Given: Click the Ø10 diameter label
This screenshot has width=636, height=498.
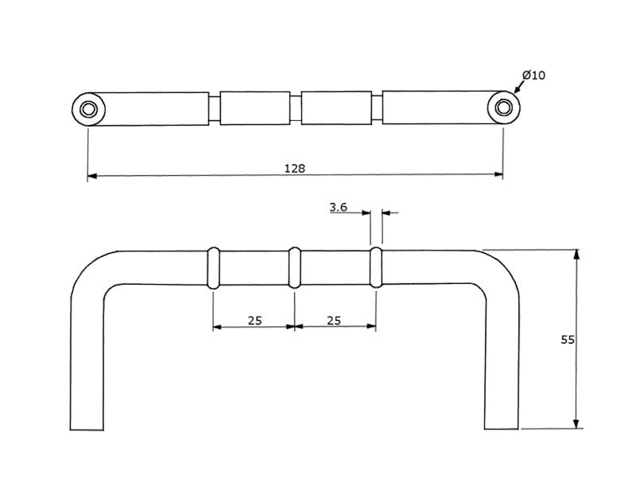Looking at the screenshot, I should coord(533,76).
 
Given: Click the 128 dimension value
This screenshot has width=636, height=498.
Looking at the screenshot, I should coord(294,168).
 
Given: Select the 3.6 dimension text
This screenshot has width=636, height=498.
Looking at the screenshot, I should coord(339,207).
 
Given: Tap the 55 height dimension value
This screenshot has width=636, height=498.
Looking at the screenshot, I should coord(567,340).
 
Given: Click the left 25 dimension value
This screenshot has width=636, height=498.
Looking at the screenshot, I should coord(254,321).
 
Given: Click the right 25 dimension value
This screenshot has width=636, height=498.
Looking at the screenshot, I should coord(334,321).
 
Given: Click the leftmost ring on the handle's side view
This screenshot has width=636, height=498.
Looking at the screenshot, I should coord(213,267).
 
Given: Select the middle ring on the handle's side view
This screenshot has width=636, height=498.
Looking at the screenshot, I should coord(294,267).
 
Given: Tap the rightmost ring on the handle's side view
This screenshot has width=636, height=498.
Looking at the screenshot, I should coord(376,267).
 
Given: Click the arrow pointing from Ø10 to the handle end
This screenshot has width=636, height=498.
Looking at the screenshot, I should coord(518,88).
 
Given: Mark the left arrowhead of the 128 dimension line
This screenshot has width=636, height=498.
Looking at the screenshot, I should coord(92,175).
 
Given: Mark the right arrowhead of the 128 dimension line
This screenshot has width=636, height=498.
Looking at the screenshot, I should coord(498,175).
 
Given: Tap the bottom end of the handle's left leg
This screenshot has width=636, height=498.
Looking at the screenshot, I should coord(87,428).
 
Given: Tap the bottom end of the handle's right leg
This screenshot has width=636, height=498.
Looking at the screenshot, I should coord(502,428).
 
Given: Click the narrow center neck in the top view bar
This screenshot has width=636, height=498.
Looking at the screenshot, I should coord(295,108).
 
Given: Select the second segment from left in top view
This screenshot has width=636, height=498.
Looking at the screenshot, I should coord(254,108).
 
